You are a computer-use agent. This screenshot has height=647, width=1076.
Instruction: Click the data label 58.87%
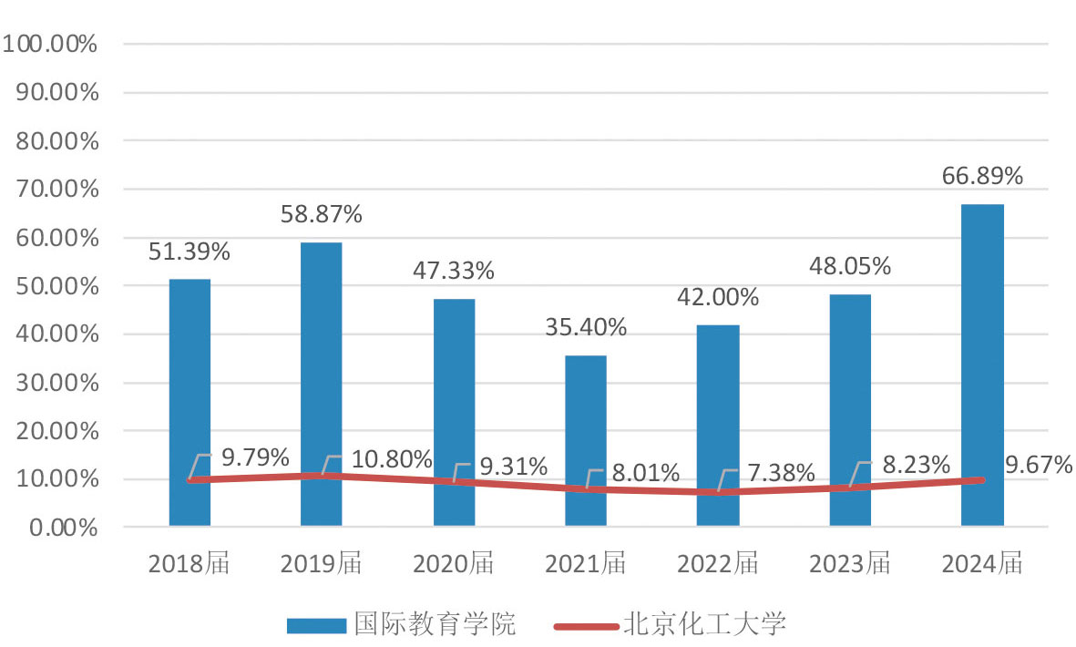[x=322, y=215]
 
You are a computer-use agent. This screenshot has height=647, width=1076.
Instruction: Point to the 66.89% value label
[x=982, y=176]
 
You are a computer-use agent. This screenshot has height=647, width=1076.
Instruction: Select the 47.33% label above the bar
[x=454, y=271]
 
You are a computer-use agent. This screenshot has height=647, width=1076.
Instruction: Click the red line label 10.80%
[x=391, y=460]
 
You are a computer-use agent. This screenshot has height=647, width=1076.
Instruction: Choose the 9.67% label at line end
[x=1039, y=466]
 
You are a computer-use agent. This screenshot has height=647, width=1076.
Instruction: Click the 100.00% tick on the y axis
[x=51, y=44]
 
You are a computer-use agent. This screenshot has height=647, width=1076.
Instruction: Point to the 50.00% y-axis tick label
[x=56, y=286]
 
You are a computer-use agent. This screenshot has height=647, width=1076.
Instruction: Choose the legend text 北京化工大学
[x=704, y=624]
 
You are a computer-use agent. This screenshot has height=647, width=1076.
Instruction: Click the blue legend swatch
[x=316, y=625]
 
